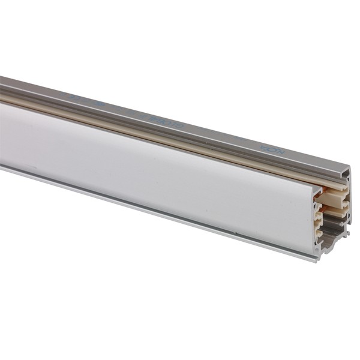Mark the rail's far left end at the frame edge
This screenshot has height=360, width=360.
2,120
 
